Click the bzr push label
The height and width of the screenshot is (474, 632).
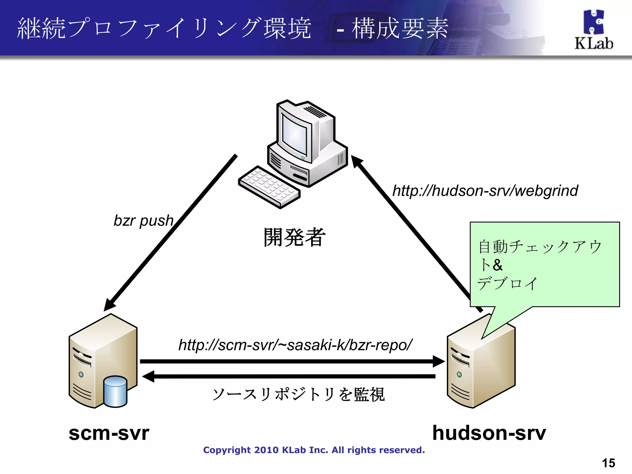143,221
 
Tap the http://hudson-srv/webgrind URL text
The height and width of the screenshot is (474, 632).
485,190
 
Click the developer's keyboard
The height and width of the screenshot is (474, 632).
269,187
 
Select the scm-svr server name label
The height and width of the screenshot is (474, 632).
109,433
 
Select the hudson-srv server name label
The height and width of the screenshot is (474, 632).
489,433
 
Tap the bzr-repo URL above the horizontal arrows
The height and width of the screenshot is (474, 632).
295,345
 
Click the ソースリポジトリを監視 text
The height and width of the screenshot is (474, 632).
298,394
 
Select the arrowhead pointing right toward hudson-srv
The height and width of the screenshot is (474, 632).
439,361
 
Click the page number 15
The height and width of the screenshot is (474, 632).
608,463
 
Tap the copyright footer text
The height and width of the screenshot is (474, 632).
314,450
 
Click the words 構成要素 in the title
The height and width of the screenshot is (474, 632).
400,28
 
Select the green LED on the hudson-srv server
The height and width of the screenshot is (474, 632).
459,374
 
